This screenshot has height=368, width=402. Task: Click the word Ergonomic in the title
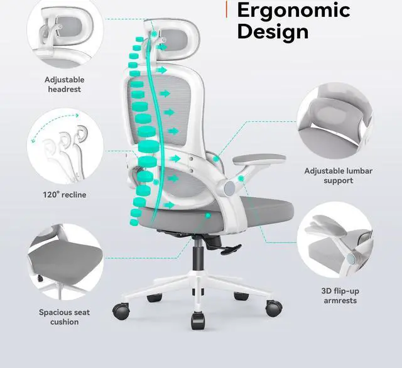tap(292, 11)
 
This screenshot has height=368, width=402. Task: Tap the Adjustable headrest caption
tap(64, 85)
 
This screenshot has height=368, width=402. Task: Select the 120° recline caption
tap(65, 195)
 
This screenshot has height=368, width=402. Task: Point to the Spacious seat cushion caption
tap(64, 317)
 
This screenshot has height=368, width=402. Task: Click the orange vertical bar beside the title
tap(226, 9)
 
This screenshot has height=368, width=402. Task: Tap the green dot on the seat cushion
tap(210, 215)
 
